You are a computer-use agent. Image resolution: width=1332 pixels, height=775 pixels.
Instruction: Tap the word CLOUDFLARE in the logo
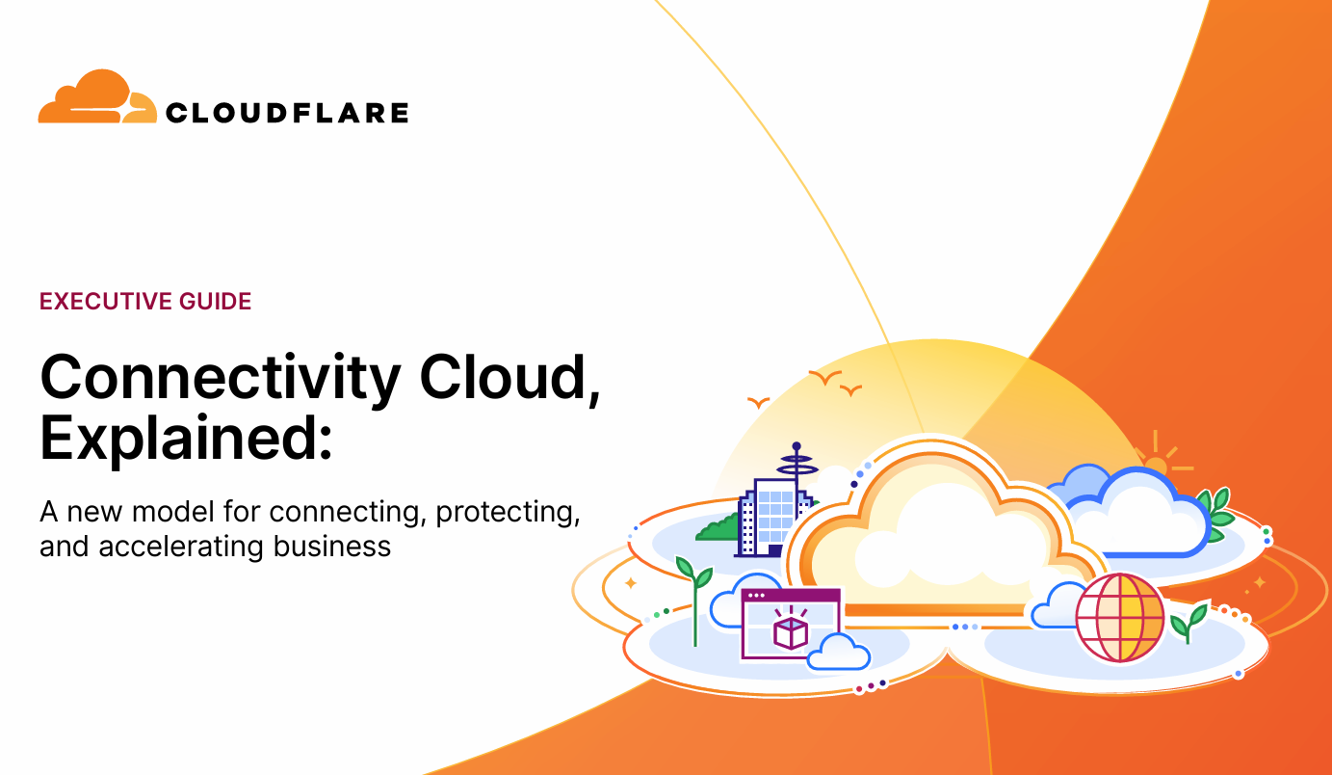click(287, 113)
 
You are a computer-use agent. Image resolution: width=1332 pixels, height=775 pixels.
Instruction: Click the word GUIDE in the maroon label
click(216, 301)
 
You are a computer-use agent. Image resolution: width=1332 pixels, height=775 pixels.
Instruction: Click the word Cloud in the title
click(505, 376)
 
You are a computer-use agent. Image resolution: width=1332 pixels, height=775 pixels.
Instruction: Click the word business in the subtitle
click(332, 546)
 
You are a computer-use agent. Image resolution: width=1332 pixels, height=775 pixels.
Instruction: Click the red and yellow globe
click(1120, 618)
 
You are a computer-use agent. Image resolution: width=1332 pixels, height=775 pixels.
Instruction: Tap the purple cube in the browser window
click(791, 632)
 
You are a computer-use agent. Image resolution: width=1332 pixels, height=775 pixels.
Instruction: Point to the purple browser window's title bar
click(791, 596)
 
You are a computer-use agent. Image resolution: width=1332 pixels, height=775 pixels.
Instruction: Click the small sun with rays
click(1156, 465)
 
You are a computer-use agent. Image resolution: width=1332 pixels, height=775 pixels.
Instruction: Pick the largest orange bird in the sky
click(825, 377)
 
